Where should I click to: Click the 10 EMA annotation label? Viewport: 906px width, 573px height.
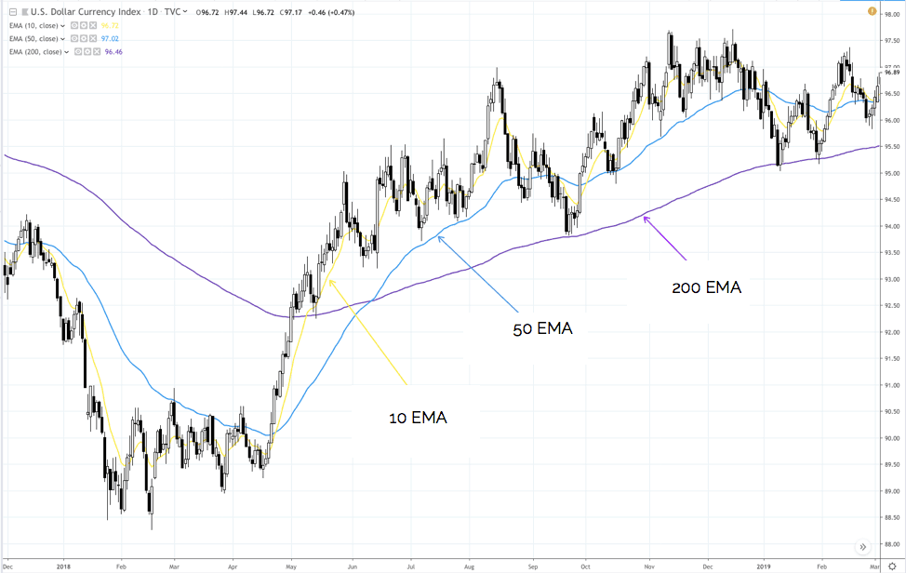(x=418, y=419)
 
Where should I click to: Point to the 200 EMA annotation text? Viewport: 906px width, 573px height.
(x=706, y=287)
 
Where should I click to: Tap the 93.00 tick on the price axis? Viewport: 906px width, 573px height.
(x=892, y=279)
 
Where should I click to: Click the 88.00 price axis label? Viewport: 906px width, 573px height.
(x=892, y=544)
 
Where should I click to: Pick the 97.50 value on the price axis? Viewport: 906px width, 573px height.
(x=892, y=41)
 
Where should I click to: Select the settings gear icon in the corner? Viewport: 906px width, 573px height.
(x=891, y=565)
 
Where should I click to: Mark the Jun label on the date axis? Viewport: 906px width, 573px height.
(x=353, y=565)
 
